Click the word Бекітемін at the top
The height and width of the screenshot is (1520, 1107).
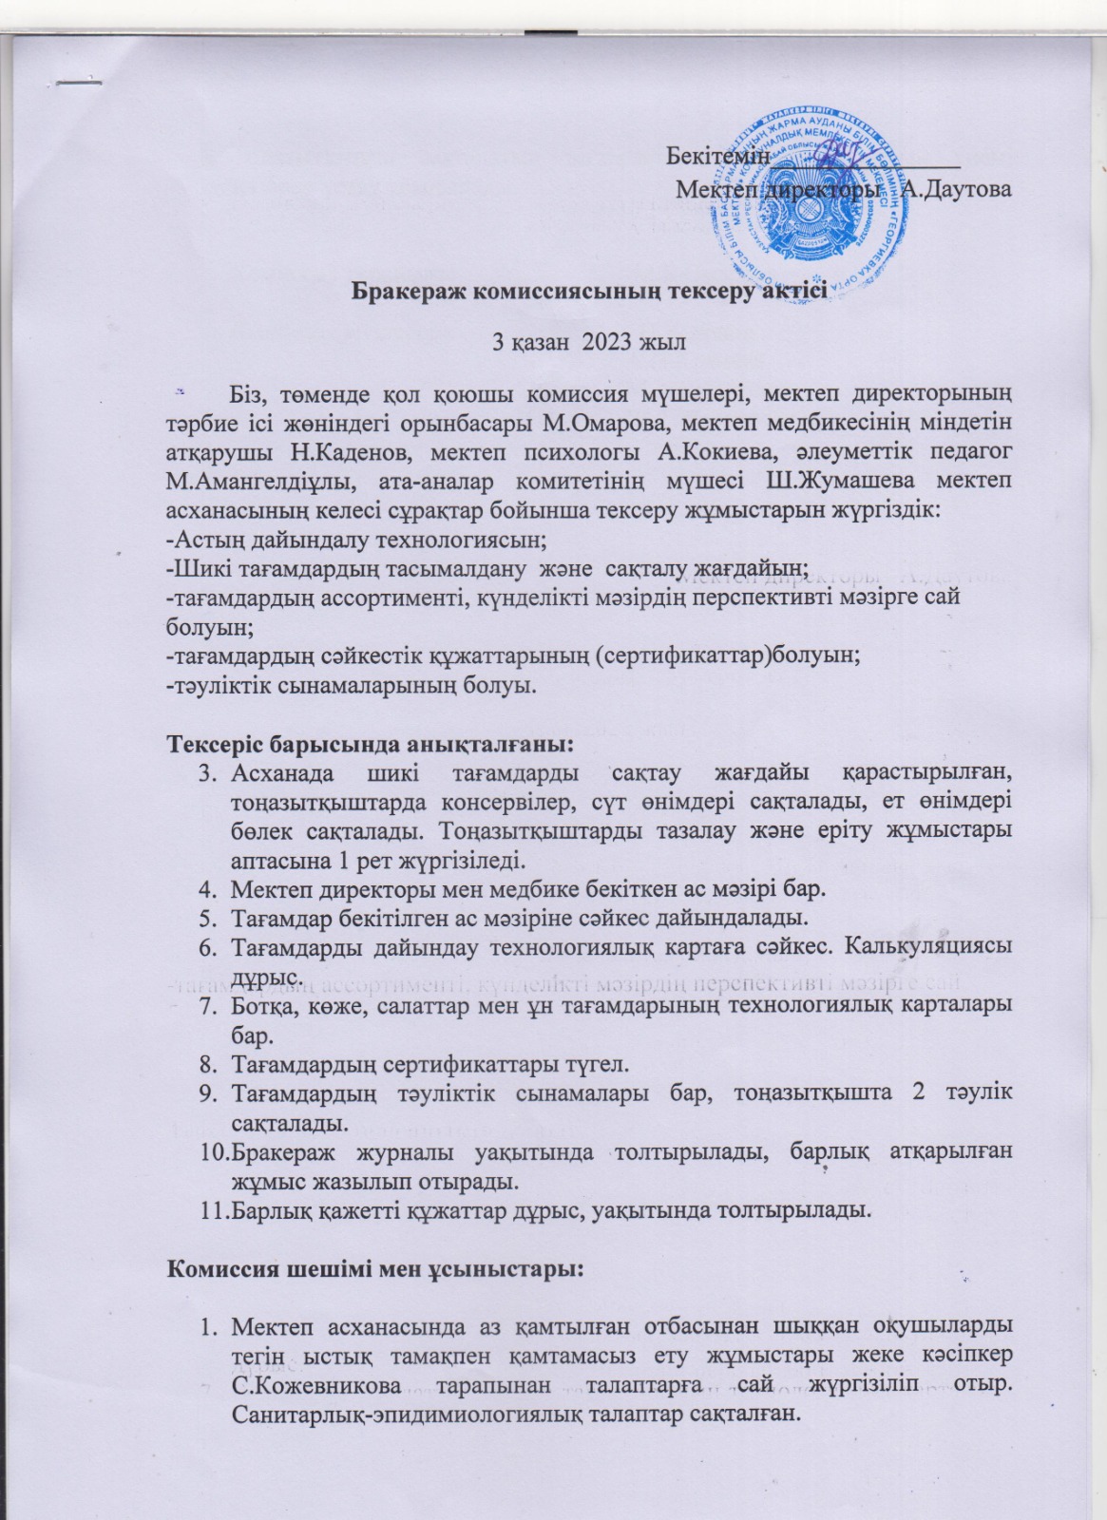point(716,155)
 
